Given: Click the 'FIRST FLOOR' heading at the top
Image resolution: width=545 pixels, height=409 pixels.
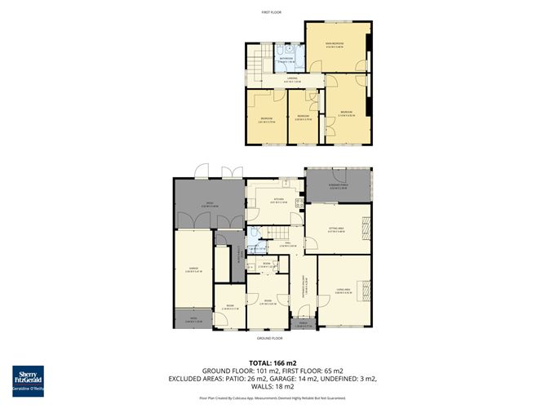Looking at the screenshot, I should point(271,13).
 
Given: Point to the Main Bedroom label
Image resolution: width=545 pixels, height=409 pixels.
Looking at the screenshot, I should point(335,45).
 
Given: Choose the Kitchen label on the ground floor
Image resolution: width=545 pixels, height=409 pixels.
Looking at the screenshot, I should point(278,200).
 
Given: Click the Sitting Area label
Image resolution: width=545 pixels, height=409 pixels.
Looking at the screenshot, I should point(336,230).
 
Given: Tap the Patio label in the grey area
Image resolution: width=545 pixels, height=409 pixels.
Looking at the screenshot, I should point(208,204).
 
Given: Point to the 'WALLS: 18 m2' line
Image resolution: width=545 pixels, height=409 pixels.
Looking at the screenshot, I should point(272,387).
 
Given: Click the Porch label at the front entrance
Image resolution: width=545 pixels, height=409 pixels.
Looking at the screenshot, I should point(304,323).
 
